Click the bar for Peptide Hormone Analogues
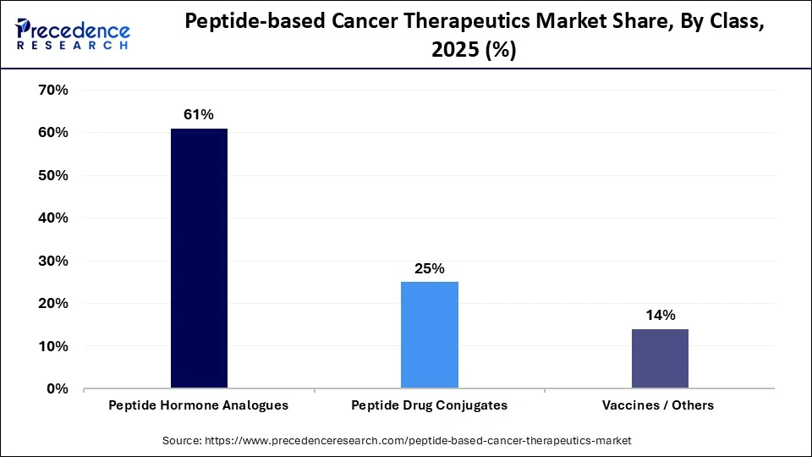[x=199, y=258]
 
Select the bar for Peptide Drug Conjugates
[x=430, y=335]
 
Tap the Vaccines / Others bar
[x=660, y=359]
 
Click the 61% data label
[x=199, y=113]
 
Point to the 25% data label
[x=430, y=268]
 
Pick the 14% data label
[x=660, y=315]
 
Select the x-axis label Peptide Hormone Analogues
[x=199, y=405]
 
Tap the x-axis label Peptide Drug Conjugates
[x=430, y=405]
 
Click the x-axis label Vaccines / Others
[x=658, y=405]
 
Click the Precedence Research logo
[x=73, y=36]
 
